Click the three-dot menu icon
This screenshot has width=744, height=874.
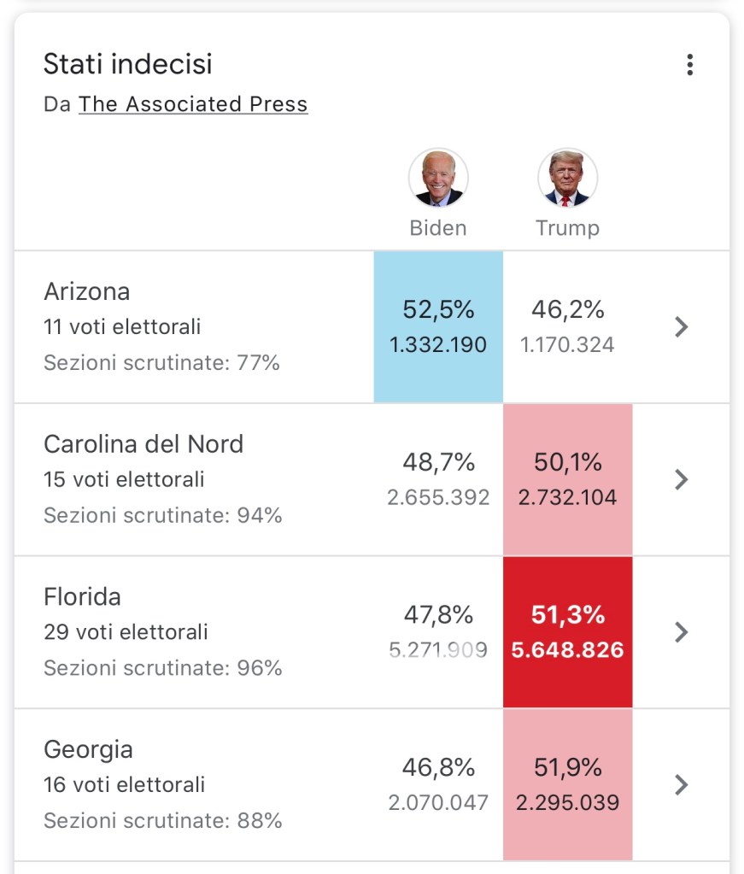(689, 65)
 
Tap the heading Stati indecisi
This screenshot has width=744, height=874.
(127, 64)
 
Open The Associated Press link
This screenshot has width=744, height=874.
(193, 104)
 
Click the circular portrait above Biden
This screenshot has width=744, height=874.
(438, 179)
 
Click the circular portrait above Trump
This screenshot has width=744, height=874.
(567, 179)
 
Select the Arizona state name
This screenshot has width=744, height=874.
(87, 291)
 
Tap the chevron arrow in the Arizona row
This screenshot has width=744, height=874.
(681, 326)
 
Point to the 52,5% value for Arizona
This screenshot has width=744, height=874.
(438, 309)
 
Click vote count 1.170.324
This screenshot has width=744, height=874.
(567, 345)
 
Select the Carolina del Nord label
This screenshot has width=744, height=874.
(144, 444)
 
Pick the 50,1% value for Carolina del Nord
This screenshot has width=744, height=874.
(567, 462)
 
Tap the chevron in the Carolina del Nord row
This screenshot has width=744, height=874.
(681, 479)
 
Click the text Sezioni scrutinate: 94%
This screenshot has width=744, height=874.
(162, 515)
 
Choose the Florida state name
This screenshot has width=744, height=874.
(82, 596)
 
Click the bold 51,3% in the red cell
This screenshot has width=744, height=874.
(567, 614)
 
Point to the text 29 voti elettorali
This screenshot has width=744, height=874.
(126, 632)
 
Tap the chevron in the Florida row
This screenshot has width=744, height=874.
(681, 631)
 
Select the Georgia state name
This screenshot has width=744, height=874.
(88, 749)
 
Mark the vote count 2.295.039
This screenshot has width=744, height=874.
(567, 803)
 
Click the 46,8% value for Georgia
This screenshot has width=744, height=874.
(438, 767)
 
